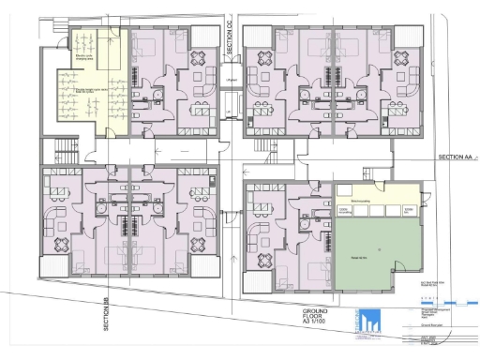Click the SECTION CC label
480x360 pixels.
coord(230,42)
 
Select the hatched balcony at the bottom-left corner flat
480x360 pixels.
coord(55,267)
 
